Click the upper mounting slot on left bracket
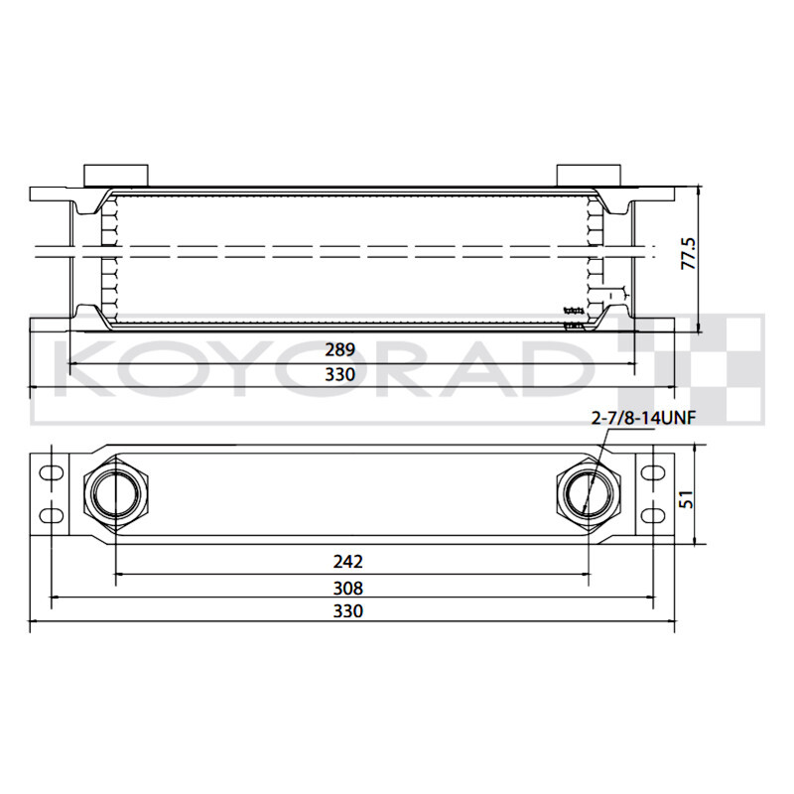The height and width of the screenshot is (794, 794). coord(49,472)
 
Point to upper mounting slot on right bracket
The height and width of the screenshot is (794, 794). coord(653,472)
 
